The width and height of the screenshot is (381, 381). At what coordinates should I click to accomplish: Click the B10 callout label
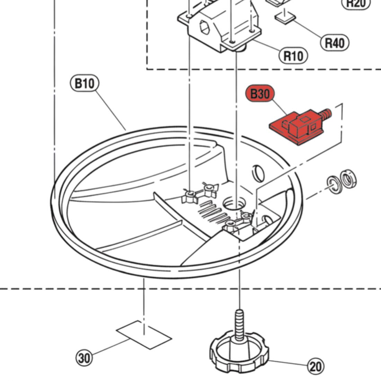(x=85, y=83)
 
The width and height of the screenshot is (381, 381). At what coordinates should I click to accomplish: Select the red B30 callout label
(x=259, y=94)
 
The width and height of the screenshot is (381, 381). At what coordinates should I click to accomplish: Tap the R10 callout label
(x=293, y=55)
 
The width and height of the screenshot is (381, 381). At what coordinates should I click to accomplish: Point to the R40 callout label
(x=335, y=43)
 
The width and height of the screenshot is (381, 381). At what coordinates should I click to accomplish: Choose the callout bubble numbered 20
(x=315, y=366)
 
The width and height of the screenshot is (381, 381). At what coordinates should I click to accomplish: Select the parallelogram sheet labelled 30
(x=144, y=334)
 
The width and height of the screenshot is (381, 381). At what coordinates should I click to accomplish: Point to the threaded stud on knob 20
(x=239, y=324)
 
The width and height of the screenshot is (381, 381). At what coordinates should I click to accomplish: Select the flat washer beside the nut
(x=334, y=185)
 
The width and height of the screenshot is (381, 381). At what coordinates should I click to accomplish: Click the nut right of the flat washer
(x=348, y=179)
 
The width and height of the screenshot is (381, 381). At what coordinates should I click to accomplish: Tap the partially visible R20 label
(x=356, y=3)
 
